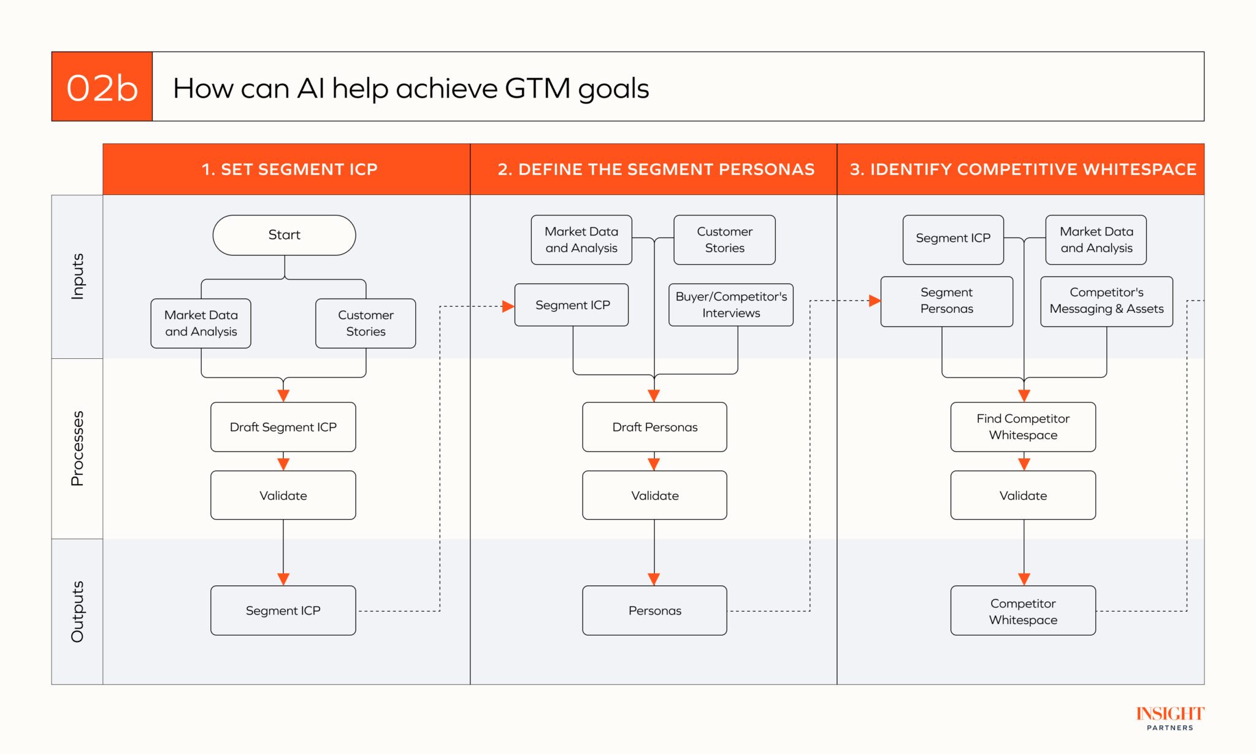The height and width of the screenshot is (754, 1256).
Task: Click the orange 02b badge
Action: [102, 87]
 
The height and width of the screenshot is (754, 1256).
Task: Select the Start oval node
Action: [284, 235]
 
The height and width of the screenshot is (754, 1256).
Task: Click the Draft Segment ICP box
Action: [283, 427]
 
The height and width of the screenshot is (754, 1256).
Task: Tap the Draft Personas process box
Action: [654, 427]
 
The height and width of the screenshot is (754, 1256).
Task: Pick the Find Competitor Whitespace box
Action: [1022, 427]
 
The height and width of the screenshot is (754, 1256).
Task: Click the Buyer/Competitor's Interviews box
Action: [730, 305]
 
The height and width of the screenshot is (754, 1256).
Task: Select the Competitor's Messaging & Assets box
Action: [1106, 301]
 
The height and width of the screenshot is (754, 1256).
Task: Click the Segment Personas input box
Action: [946, 301]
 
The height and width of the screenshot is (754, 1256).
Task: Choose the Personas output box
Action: [654, 610]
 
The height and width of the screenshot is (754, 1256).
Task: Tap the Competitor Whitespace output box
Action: [1022, 611]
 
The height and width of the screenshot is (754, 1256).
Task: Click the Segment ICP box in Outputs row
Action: [283, 610]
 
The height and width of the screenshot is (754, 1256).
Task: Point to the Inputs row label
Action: [77, 277]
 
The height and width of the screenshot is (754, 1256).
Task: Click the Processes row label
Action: [77, 448]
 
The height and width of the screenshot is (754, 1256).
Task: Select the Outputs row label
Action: [77, 612]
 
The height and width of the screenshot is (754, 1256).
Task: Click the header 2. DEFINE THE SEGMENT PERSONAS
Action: [656, 169]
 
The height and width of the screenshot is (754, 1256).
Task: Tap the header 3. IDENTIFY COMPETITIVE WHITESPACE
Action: [1022, 169]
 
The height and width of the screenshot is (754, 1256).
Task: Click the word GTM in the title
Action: [537, 88]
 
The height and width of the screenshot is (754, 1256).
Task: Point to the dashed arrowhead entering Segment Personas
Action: [875, 301]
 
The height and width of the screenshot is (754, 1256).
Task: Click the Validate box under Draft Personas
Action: [654, 495]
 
